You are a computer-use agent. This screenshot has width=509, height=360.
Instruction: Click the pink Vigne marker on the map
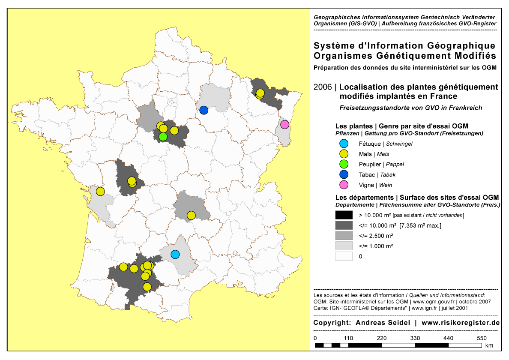coord(284,125)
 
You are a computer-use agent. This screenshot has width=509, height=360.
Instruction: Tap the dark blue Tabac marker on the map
coord(204,110)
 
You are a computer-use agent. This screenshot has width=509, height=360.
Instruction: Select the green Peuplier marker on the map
coord(163,137)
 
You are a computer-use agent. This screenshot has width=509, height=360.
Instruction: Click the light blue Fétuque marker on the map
coord(175,254)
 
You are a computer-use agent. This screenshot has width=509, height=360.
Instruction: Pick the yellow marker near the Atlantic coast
coord(100,191)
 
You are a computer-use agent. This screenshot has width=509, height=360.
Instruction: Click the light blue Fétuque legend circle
coord(344,144)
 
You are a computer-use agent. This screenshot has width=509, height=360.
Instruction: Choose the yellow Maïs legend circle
coord(344,154)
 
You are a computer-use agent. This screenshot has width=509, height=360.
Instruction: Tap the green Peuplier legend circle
coord(344,165)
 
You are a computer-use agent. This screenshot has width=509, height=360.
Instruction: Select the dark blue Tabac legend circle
coord(344,175)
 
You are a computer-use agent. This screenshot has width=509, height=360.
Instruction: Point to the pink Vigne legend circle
coord(344,185)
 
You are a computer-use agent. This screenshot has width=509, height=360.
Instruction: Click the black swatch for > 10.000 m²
coord(344,215)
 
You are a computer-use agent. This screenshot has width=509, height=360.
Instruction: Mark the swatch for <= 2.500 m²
coord(344,236)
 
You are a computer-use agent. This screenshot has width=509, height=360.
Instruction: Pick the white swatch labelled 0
coord(344,256)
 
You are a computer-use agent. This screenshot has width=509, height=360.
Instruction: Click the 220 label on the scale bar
coord(381,338)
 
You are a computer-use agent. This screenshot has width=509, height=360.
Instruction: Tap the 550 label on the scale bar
coord(482,338)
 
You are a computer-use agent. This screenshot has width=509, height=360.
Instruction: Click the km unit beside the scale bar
coord(490,345)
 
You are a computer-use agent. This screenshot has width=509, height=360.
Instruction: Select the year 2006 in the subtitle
coord(322,87)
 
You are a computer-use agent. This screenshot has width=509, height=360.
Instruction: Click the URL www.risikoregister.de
coord(461,323)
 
